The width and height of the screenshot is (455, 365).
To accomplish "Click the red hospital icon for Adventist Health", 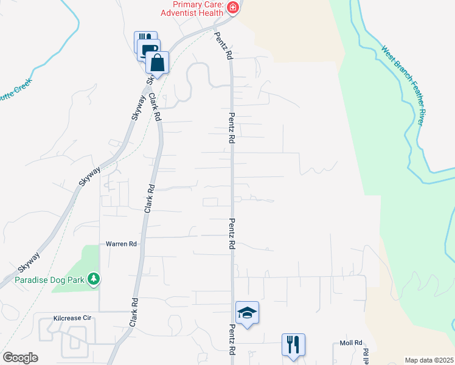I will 232,7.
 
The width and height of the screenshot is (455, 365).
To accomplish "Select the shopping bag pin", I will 157,63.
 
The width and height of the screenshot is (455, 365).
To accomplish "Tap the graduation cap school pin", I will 247,313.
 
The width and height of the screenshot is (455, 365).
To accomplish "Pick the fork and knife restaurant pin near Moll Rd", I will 293,345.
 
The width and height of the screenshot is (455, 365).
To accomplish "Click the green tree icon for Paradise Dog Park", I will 93,279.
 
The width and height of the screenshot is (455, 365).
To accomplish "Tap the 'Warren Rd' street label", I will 122,244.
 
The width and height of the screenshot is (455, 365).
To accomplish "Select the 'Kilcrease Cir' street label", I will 72,318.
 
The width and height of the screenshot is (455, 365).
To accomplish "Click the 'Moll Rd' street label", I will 351,342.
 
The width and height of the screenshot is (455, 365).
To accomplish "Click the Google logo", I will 20,358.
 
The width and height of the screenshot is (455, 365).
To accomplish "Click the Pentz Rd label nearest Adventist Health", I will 222,46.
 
